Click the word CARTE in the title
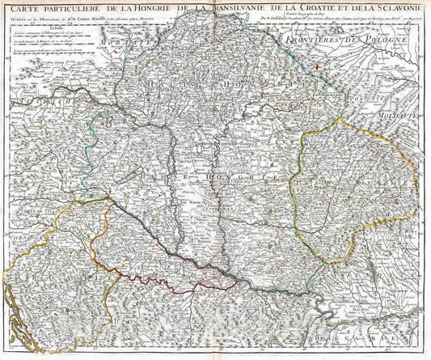point(24,10)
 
